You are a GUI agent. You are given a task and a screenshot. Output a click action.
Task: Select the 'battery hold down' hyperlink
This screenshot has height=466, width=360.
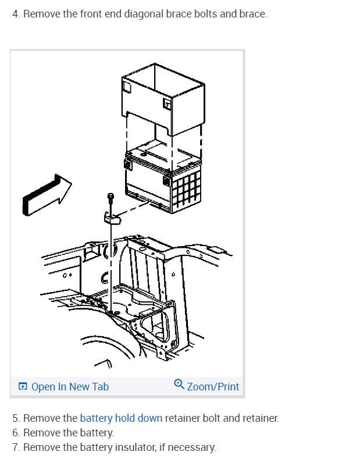point(121,418)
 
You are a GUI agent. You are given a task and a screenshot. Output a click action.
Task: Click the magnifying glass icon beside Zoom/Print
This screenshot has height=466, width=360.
point(179,384)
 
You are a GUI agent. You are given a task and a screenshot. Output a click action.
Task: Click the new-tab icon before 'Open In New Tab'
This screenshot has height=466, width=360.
point(23,386)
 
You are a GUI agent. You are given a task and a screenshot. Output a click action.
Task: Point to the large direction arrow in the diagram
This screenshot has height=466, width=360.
point(47,195)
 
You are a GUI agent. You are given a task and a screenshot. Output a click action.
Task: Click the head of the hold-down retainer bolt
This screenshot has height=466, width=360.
point(110,197)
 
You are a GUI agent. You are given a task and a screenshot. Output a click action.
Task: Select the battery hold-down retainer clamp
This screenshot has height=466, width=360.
point(112,218)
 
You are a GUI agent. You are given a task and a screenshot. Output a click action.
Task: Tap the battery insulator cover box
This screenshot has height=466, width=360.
point(163,99)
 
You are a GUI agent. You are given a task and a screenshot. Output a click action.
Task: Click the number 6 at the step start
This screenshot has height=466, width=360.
point(16,433)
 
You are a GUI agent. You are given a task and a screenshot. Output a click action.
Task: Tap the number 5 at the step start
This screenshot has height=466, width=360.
point(16,418)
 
